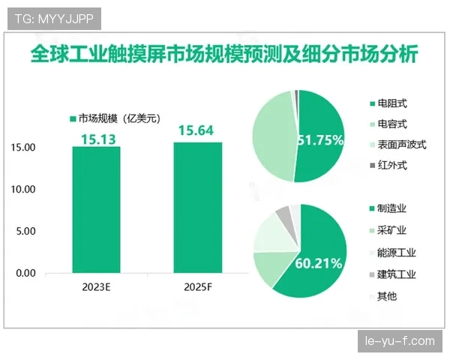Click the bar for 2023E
point(96,211)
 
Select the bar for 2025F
point(198,208)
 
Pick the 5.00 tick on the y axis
point(28,232)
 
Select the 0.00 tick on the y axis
point(28,274)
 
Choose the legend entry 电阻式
point(392,103)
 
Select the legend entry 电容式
point(392,124)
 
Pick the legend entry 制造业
point(392,208)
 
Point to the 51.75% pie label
point(320,140)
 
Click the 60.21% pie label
point(319,263)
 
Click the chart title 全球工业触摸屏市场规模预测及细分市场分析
point(224,55)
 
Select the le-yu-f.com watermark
point(399,341)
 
